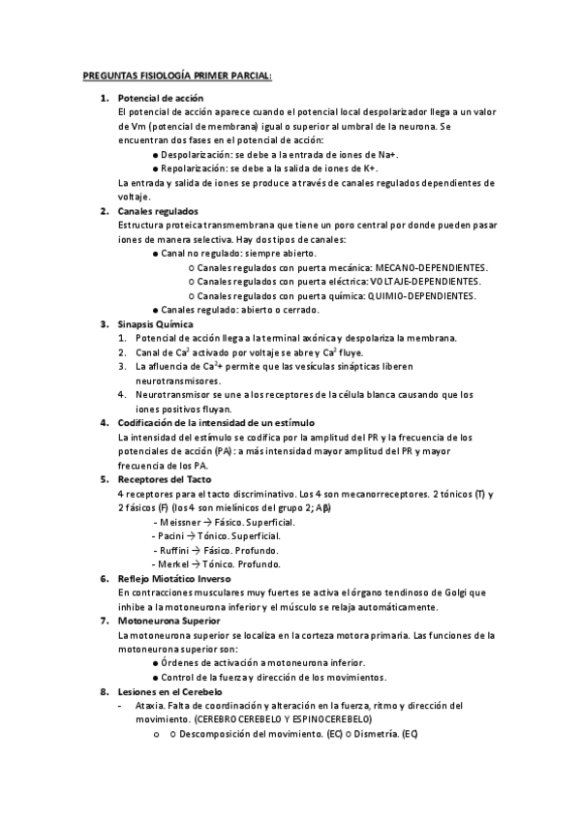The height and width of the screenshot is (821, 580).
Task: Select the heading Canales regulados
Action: click(158, 211)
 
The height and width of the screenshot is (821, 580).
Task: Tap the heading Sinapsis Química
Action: click(155, 323)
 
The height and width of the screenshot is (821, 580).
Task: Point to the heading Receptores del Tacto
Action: click(166, 479)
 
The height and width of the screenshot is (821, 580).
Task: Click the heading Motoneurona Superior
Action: click(168, 620)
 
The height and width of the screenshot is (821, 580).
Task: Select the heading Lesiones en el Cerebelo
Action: click(169, 692)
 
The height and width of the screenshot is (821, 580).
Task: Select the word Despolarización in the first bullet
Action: click(197, 155)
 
